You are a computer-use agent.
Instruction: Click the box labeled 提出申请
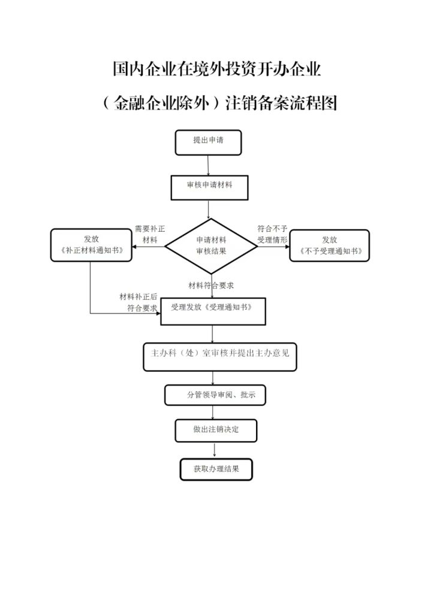pos(208,142)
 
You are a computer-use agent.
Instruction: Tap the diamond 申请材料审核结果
pos(211,245)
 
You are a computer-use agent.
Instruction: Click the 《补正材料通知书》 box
pos(91,245)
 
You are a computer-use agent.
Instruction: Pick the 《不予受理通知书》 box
pos(330,245)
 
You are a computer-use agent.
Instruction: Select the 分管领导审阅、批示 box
pos(215,395)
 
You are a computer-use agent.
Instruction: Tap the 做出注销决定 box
pos(216,430)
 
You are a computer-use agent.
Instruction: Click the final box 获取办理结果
pos(216,470)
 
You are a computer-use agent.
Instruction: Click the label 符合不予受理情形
pos(273,234)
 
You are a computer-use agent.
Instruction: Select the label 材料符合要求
pos(210,285)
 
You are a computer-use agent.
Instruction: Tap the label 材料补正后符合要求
pos(138,302)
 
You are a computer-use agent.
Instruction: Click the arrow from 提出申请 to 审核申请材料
pos(208,165)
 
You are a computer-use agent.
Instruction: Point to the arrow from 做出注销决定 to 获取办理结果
pos(215,451)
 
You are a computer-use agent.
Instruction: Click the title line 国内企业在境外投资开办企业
pos(217,69)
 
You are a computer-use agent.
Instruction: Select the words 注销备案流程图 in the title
pos(281,103)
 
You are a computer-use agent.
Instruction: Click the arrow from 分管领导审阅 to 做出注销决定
pos(214,412)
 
